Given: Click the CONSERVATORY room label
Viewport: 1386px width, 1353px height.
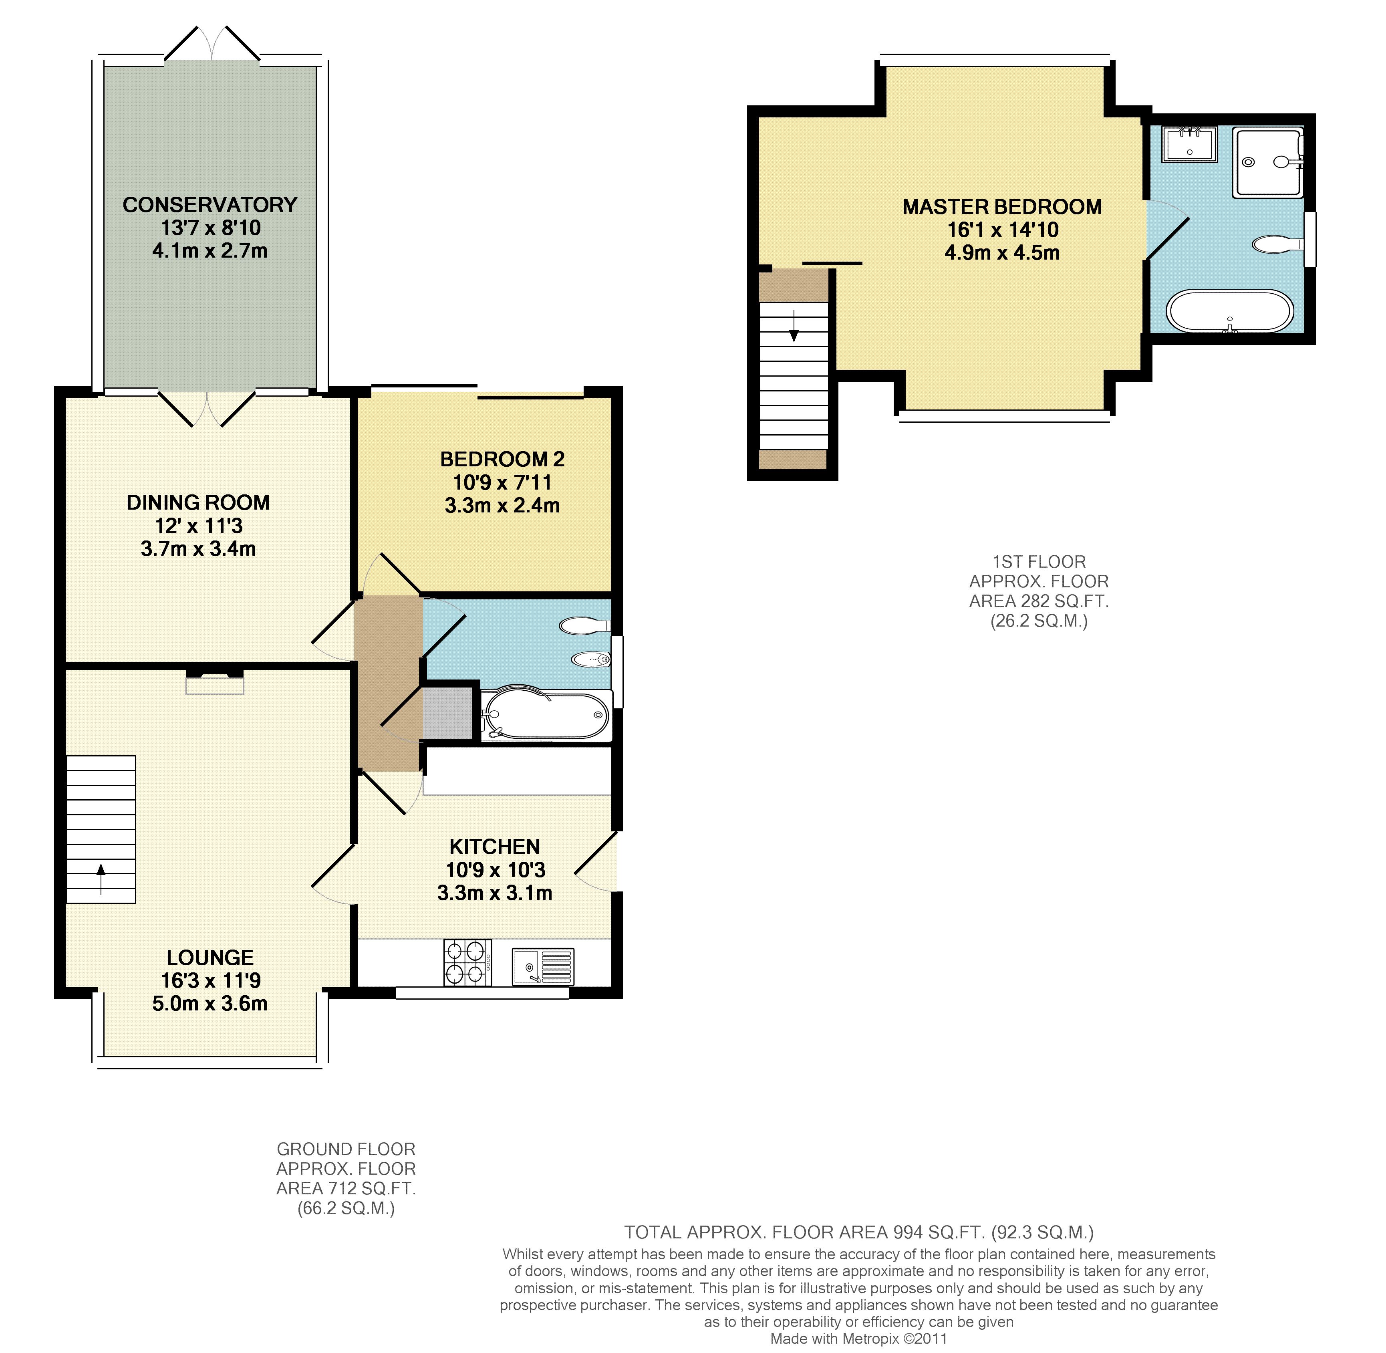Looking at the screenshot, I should [x=210, y=205].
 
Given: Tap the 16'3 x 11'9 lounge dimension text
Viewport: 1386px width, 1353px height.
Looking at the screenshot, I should [x=210, y=981].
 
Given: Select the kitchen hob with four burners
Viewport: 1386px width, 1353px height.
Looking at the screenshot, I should [x=467, y=963].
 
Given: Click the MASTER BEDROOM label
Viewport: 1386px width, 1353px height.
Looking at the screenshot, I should [x=1002, y=207].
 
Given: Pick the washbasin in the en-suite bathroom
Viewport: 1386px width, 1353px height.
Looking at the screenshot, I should [x=1190, y=144].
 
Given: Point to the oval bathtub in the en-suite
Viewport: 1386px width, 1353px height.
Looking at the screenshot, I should [x=1230, y=311].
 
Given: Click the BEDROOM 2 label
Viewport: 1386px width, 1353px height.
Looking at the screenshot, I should [x=502, y=459].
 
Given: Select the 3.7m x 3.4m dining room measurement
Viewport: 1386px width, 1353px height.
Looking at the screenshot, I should [x=198, y=548].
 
